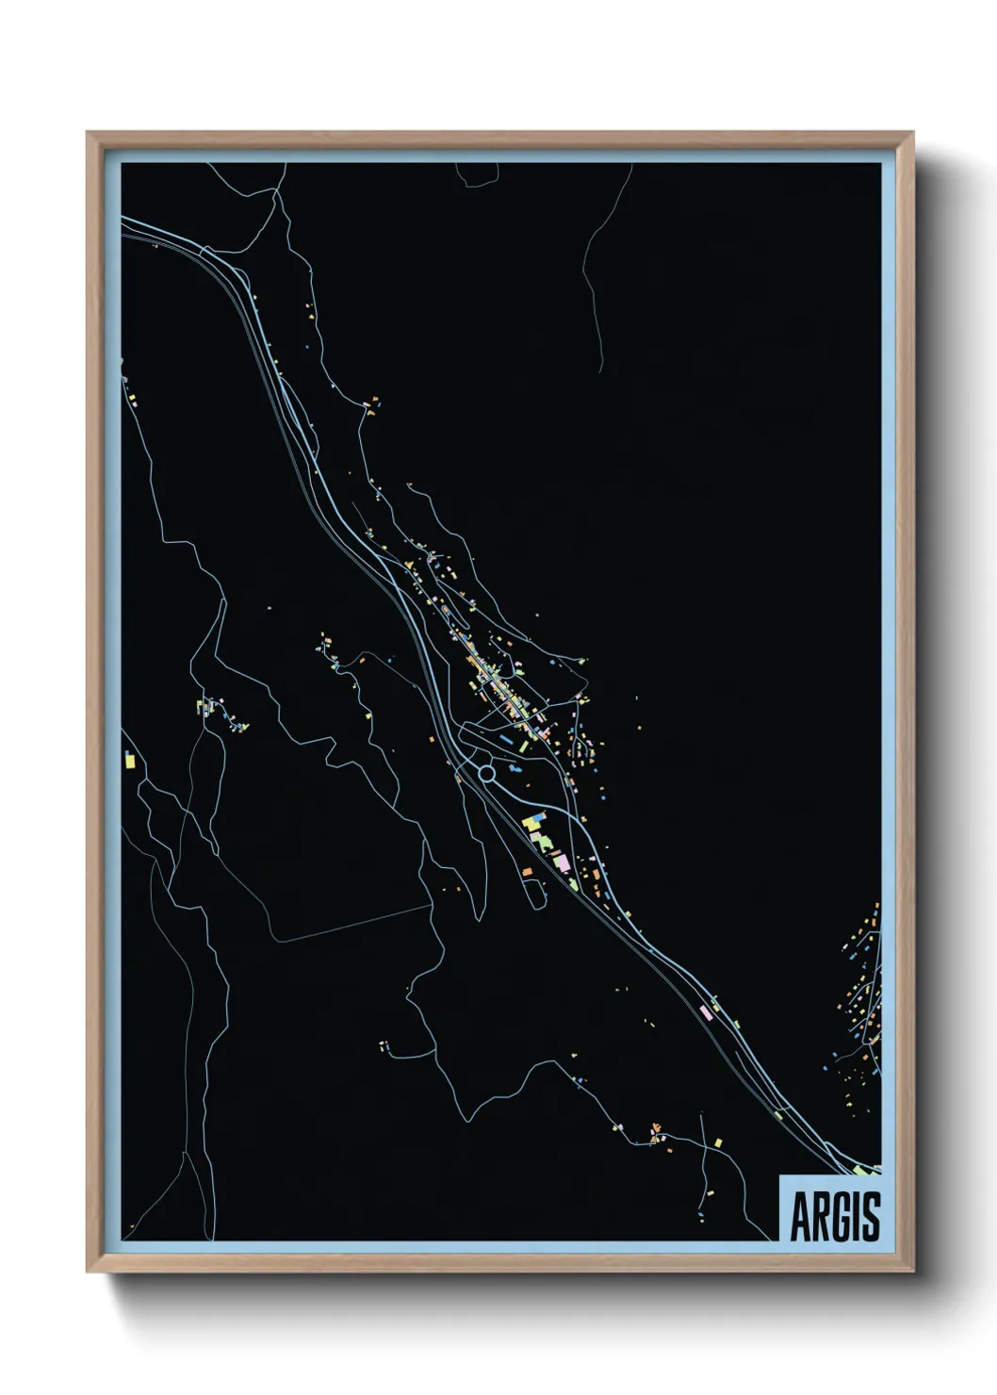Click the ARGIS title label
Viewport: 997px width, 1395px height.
(831, 1216)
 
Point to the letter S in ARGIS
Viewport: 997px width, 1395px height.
(869, 1217)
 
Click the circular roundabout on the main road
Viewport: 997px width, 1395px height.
(486, 774)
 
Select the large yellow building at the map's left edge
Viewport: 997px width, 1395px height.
(129, 760)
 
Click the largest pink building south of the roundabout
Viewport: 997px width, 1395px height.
(562, 862)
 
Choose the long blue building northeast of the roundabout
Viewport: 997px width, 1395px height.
(505, 742)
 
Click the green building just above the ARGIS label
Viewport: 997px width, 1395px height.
(860, 1170)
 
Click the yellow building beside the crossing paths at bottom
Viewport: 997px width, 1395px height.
(717, 1143)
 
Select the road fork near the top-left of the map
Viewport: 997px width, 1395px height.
(273, 193)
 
